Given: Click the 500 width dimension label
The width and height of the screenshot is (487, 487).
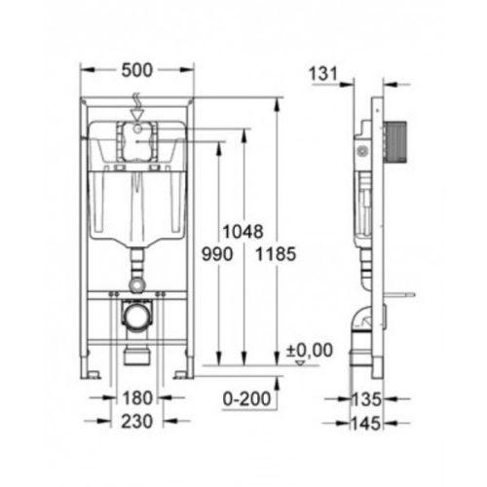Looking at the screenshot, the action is click(136, 70).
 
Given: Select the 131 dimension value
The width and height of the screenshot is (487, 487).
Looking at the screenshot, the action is click(323, 73).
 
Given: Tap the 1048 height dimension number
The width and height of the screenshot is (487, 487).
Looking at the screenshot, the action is click(243, 232).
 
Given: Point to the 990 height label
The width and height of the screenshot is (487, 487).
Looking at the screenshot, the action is click(217, 254).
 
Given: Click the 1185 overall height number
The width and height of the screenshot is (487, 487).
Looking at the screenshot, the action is click(276, 254).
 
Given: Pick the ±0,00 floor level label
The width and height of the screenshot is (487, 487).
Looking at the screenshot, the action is click(310, 350).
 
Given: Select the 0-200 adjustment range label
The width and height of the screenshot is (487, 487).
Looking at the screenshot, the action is click(246, 398).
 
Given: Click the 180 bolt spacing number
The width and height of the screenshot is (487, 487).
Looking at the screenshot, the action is click(137, 398).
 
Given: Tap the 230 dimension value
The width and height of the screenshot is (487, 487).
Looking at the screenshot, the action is click(136, 422).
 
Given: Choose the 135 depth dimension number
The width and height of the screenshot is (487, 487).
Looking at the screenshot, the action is click(366, 399).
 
